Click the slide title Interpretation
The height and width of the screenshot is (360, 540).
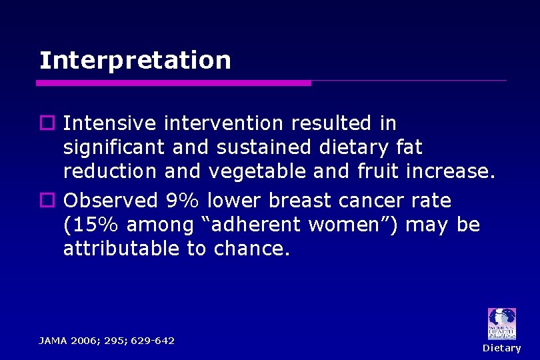tap(135, 61)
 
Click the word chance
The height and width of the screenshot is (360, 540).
tap(253, 249)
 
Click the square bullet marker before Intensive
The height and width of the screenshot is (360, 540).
tap(46, 123)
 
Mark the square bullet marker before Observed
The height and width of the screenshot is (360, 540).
tap(46, 201)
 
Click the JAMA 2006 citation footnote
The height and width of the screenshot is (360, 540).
tap(107, 341)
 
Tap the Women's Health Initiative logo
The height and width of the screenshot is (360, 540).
tap(501, 324)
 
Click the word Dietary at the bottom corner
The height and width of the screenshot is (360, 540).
tap(501, 348)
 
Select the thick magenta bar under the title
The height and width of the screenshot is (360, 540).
tap(173, 83)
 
